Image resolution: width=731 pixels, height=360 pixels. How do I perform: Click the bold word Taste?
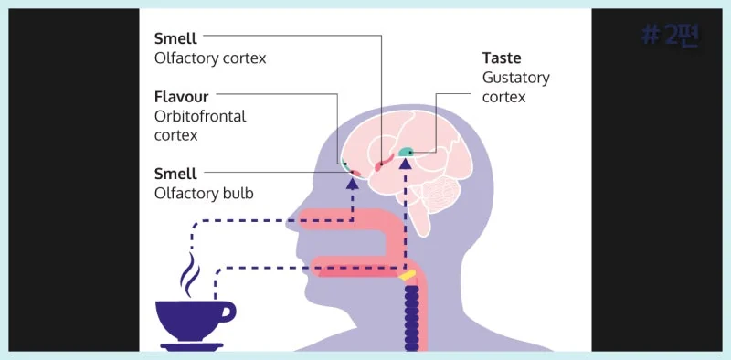[x=502, y=58]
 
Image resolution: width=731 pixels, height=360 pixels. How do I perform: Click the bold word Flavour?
[x=181, y=97]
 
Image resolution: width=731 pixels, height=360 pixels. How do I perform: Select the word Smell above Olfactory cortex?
[x=175, y=38]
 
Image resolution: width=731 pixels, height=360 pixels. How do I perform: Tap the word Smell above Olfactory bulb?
[x=175, y=174]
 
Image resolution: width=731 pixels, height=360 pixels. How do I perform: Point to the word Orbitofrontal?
[x=200, y=116]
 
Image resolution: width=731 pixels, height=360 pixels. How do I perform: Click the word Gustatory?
[x=516, y=78]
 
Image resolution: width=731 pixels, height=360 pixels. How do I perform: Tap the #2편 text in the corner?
[x=671, y=36]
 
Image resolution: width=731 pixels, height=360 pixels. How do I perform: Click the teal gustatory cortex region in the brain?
[x=407, y=152]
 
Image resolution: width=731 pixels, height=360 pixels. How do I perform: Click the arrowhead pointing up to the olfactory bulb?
[x=353, y=184]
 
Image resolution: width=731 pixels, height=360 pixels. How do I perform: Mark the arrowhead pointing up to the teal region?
[x=406, y=164]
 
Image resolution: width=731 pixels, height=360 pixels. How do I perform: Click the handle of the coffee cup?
[x=227, y=312]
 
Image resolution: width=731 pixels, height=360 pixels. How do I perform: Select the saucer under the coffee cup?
[x=192, y=347]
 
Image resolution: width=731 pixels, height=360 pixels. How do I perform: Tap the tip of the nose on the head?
[x=287, y=218]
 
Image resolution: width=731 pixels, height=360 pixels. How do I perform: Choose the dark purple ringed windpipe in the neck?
[x=412, y=318]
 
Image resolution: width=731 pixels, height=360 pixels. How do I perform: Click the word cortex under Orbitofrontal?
[x=175, y=136]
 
